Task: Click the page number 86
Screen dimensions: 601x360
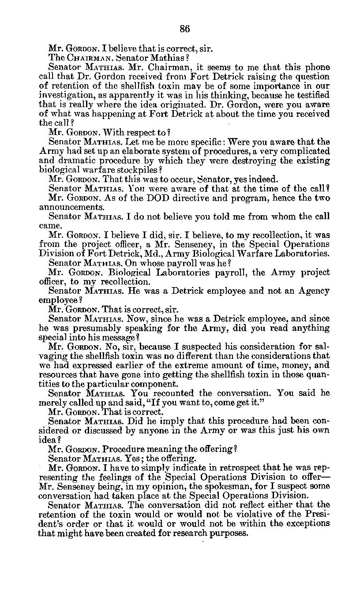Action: point(185,29)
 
